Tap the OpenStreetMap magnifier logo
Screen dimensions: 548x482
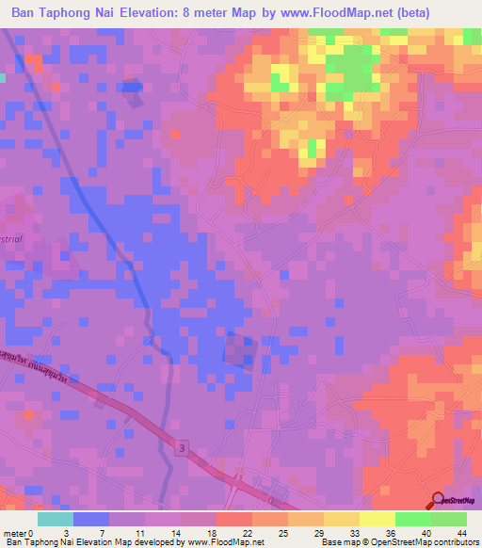coord(437,501)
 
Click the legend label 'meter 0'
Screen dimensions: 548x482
coord(19,533)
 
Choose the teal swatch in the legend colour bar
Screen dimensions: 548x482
coord(56,519)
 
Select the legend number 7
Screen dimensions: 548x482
coord(100,533)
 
